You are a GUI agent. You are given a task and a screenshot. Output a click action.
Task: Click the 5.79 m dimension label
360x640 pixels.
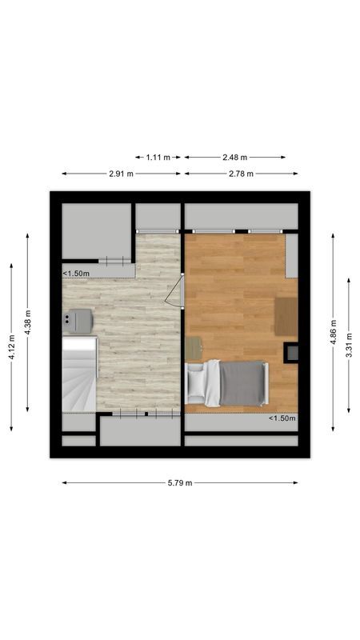[x=180, y=482]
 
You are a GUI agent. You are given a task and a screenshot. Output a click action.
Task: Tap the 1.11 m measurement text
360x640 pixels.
[x=158, y=158]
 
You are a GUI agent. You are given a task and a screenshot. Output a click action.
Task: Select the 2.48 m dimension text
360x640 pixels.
[x=235, y=158]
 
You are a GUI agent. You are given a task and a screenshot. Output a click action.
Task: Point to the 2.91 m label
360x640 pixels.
[x=121, y=174]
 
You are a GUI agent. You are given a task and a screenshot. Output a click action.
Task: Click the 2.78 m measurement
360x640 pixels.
[x=240, y=174]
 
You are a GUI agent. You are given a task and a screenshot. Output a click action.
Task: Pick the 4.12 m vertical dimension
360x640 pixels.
[x=11, y=350]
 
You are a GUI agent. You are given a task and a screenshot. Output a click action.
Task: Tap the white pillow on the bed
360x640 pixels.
[x=196, y=382]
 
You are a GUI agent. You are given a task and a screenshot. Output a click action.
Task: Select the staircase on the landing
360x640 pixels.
[x=79, y=373]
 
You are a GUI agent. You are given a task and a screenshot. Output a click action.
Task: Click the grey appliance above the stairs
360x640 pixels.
[x=78, y=320]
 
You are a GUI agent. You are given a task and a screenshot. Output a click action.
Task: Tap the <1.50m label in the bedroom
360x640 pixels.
[x=282, y=418]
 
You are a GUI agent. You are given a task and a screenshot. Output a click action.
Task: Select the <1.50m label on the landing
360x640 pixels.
[x=76, y=274]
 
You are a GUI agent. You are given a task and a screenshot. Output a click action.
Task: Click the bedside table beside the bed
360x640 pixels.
[x=194, y=349]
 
